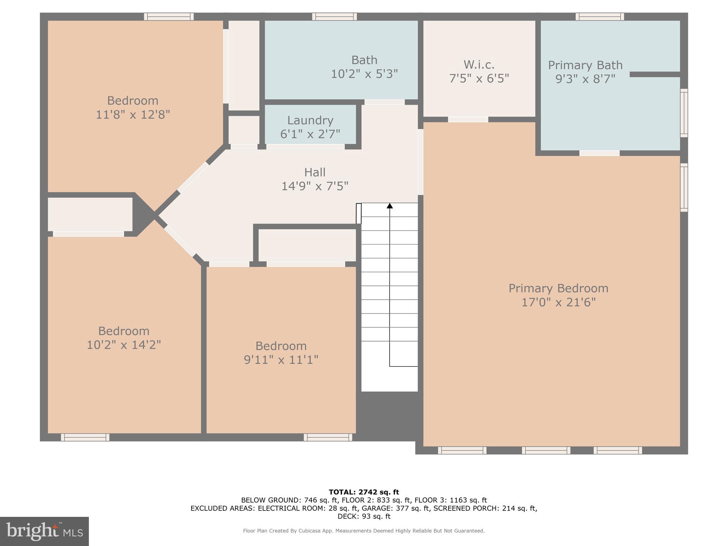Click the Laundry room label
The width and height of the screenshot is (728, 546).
(310, 121)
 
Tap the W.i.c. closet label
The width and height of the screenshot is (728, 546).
(479, 65)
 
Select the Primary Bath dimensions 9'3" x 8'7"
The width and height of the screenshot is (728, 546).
(585, 79)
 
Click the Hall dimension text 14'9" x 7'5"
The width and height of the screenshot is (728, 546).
(315, 186)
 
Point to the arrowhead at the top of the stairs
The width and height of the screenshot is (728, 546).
(390, 206)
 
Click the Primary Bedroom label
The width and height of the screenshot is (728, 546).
(558, 288)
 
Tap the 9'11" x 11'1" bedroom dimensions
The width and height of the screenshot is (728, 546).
(281, 360)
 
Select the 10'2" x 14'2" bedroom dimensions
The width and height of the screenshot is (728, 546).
(124, 345)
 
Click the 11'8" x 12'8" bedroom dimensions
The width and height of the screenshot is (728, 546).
(133, 115)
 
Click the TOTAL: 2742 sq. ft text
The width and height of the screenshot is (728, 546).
(364, 492)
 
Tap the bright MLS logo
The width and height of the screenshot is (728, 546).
(44, 531)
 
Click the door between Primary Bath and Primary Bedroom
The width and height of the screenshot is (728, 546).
(599, 153)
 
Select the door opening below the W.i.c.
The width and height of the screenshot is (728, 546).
(468, 119)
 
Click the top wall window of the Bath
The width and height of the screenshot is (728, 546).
(334, 16)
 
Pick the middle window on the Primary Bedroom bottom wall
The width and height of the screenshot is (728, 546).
(546, 450)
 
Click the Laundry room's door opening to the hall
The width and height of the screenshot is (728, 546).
(305, 146)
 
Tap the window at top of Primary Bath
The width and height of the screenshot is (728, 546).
(600, 16)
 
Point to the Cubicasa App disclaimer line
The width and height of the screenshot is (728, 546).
(364, 531)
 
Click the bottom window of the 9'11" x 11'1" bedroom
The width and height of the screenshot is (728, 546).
(328, 437)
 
